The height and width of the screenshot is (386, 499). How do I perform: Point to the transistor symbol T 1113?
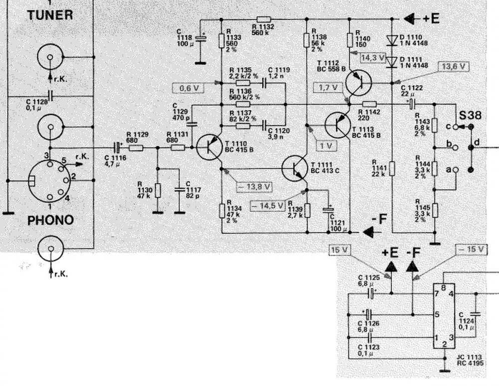click(x=339, y=124)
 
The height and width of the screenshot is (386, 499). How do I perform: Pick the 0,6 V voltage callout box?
click(x=185, y=89)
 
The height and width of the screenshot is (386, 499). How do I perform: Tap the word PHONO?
click(x=50, y=220)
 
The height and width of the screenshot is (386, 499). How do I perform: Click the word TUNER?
click(x=50, y=14)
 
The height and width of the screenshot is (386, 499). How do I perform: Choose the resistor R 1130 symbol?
click(x=158, y=190)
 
